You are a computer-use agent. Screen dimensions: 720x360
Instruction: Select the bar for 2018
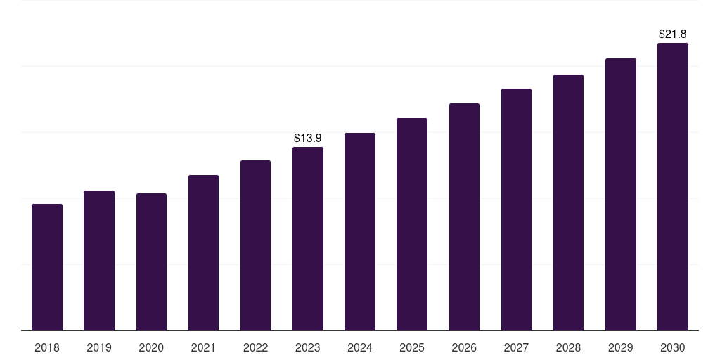coord(47,267)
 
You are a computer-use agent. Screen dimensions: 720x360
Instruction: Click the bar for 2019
coord(99,260)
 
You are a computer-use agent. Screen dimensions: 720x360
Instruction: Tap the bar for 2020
coord(151,262)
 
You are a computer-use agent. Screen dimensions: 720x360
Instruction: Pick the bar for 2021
coord(203,253)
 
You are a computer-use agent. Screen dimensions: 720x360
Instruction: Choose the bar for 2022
coord(255,245)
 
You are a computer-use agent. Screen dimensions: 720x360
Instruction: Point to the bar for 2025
coord(412,224)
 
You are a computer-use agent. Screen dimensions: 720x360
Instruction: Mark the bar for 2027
coord(516,210)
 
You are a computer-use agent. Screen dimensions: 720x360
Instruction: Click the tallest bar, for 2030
coord(673,187)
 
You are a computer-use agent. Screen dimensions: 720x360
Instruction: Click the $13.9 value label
coord(308,138)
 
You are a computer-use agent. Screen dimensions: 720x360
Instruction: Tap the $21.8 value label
coord(673,34)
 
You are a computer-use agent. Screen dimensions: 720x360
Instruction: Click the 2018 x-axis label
coord(47,347)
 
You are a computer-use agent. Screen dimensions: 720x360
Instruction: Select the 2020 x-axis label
coord(151,347)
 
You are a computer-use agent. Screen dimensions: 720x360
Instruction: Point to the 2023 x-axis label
coord(308,347)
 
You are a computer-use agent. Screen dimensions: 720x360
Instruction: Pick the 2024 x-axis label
coord(360,347)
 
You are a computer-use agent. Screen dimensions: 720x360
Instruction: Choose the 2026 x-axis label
coord(464,347)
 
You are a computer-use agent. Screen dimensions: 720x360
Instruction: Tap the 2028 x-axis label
coord(568,347)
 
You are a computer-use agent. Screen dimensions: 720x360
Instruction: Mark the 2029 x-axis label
coord(621,347)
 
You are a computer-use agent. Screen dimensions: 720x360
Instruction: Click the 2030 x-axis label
coord(673,347)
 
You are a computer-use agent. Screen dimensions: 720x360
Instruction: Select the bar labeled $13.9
coord(308,239)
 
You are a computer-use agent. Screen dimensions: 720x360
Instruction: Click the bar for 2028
coord(568,202)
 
